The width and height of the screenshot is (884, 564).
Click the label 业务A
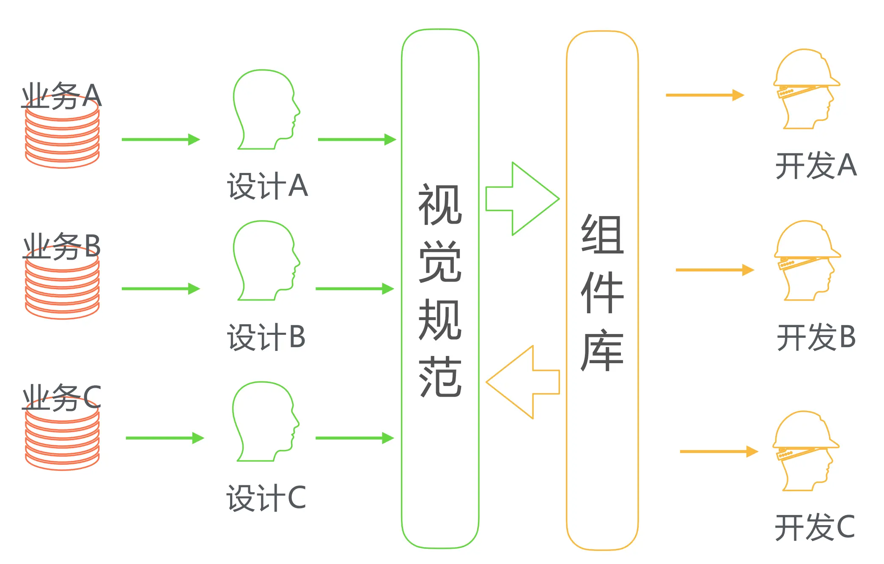62,96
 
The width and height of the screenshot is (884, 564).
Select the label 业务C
62,397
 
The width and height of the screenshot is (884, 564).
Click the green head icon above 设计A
265,110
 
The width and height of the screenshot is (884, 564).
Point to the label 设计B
266,337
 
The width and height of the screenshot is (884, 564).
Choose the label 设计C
266,498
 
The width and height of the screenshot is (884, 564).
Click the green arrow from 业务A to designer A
160,140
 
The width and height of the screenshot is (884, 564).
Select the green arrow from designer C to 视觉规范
354,438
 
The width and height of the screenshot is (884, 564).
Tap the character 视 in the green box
440,205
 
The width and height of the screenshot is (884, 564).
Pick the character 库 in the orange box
602,350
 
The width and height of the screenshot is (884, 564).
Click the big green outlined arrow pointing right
523,199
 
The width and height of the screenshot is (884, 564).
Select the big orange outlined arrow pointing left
523,382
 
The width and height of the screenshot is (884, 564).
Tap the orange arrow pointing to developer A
704,95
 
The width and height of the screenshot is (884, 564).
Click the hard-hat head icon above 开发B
807,261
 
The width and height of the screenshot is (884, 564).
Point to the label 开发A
816,165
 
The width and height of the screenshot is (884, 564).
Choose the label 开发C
815,527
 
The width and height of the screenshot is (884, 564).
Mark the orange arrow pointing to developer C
719,452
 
